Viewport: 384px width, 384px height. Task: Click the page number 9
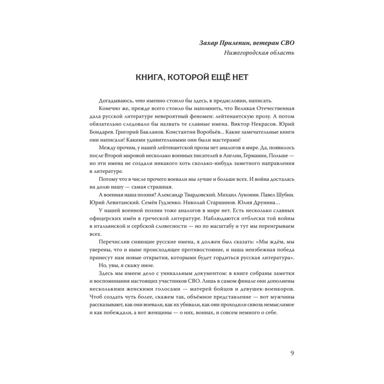(x=292, y=353)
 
